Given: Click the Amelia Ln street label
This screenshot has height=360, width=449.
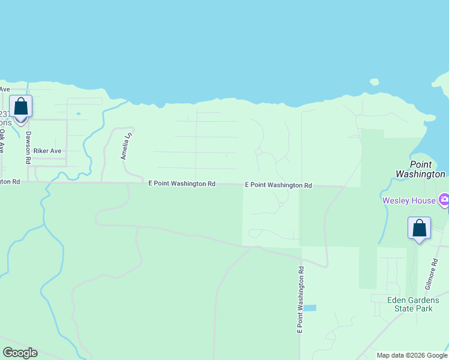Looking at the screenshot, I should click(x=127, y=146).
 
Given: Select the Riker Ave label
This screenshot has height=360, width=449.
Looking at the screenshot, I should click(x=47, y=151).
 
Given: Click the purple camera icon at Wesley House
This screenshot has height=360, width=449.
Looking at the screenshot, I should click(x=444, y=199).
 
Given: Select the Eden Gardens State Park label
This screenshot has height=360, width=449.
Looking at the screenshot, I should click(x=414, y=304).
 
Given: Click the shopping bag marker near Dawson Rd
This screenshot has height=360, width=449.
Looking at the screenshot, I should click(x=21, y=107).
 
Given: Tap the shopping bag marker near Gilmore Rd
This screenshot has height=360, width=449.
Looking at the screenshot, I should click(x=419, y=229).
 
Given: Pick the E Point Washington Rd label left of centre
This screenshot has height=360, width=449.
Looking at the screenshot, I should click(x=182, y=184).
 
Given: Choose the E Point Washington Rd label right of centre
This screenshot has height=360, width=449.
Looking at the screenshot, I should click(x=279, y=185).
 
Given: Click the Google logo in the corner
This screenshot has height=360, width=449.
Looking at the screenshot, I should click(x=20, y=353).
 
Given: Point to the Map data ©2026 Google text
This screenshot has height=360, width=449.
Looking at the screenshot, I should click(x=412, y=355).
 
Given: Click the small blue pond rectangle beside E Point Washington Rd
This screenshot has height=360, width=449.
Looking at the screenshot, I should click(x=309, y=308).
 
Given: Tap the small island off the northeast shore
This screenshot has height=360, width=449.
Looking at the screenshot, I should click(x=374, y=81).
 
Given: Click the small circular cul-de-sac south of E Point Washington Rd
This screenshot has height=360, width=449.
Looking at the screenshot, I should click(x=280, y=205).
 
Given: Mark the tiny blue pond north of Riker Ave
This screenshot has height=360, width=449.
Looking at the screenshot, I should click(x=78, y=113).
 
